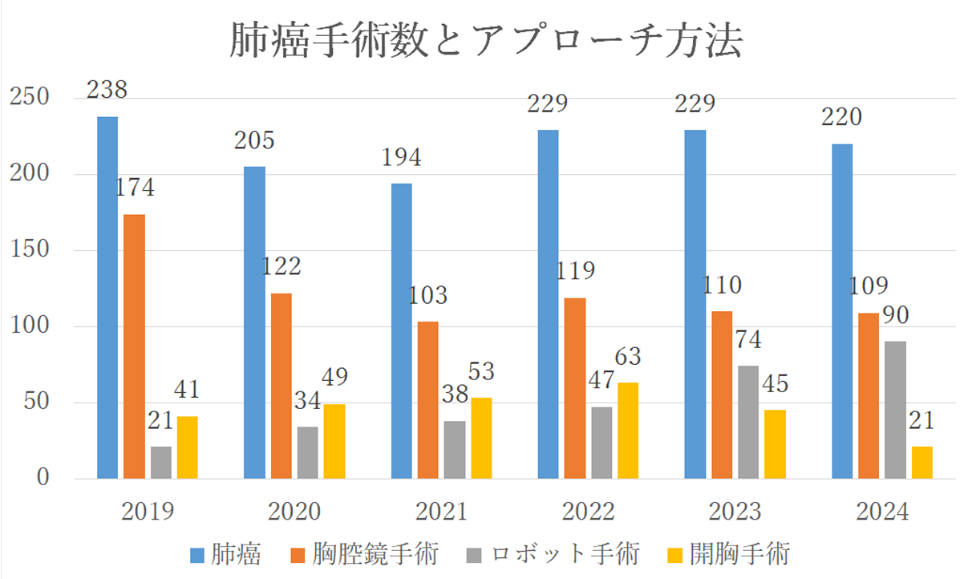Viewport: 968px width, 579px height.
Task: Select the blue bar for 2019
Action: [x=107, y=298]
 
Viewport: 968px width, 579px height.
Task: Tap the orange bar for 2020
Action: [x=281, y=386]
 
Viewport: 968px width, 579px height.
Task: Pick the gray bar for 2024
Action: [x=895, y=410]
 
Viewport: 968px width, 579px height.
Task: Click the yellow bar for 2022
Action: [x=628, y=431]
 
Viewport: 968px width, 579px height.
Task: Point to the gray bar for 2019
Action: [x=160, y=463]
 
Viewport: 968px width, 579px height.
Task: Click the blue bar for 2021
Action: [x=401, y=331]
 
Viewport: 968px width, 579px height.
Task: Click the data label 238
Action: [x=107, y=89]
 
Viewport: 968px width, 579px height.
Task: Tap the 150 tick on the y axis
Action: [x=31, y=250]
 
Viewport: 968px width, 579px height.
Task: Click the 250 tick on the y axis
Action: [x=31, y=98]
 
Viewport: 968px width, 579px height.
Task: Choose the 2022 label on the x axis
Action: [x=589, y=512]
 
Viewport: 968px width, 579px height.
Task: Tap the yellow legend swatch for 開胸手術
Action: [x=675, y=554]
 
